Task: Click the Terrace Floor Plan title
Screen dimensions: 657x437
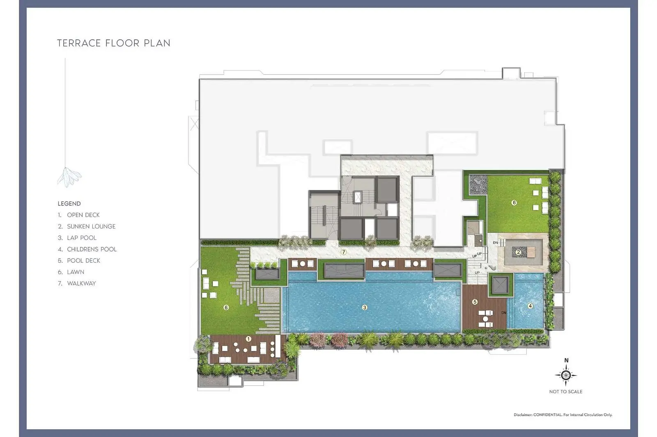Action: (x=113, y=43)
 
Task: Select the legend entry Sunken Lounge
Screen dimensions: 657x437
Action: (x=87, y=226)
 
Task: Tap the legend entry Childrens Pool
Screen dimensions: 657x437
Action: (x=87, y=249)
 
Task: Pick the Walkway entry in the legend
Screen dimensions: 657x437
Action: (x=77, y=283)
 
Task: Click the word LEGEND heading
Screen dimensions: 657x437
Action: (x=69, y=204)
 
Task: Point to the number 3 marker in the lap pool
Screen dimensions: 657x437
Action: (x=365, y=307)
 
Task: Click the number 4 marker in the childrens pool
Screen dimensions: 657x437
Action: (x=530, y=306)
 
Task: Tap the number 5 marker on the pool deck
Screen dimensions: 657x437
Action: (x=475, y=302)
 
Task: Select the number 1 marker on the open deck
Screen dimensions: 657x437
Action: (x=248, y=339)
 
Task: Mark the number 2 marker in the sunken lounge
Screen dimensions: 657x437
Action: (x=518, y=252)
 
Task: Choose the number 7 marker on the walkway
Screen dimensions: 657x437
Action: (x=343, y=252)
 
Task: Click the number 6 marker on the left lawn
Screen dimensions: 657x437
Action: (x=226, y=307)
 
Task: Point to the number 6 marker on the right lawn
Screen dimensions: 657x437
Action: (x=514, y=203)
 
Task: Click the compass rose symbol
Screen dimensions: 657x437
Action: (x=566, y=375)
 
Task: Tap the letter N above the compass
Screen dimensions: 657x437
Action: (x=566, y=360)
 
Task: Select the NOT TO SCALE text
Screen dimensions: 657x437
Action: (x=566, y=391)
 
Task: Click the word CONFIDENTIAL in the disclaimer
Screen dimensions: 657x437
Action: (x=548, y=415)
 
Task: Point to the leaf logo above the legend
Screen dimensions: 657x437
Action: (x=69, y=177)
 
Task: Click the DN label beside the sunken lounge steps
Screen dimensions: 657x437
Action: (x=495, y=243)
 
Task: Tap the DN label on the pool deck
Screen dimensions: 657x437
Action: (x=504, y=313)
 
